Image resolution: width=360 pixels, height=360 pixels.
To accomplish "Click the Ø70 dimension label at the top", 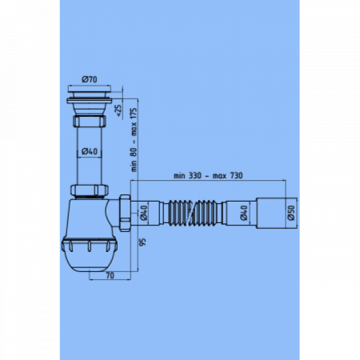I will pos(90,80).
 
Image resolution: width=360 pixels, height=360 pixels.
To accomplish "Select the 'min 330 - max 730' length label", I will pos(206,175).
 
